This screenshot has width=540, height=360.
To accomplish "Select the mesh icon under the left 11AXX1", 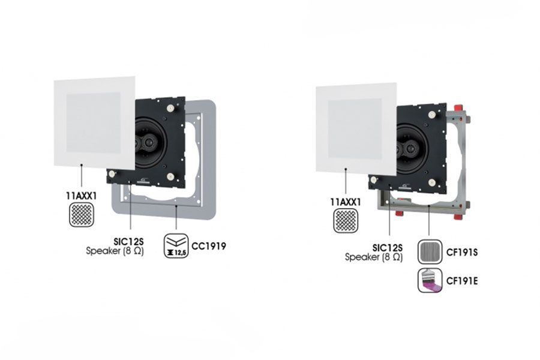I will (82, 214).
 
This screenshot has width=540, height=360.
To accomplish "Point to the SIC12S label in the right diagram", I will (387, 247).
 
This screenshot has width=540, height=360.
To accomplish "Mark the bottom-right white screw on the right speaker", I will (433, 181).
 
